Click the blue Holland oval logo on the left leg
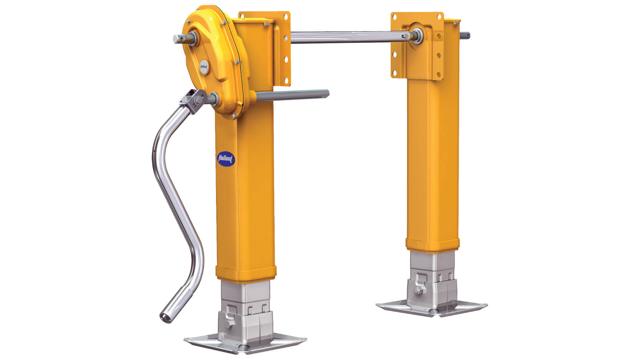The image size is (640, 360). click(x=226, y=159)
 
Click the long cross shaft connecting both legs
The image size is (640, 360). click(x=347, y=37)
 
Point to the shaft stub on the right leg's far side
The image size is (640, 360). click(x=465, y=34)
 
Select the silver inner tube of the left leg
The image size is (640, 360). click(x=245, y=293)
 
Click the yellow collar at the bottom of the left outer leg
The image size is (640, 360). click(x=246, y=273)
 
